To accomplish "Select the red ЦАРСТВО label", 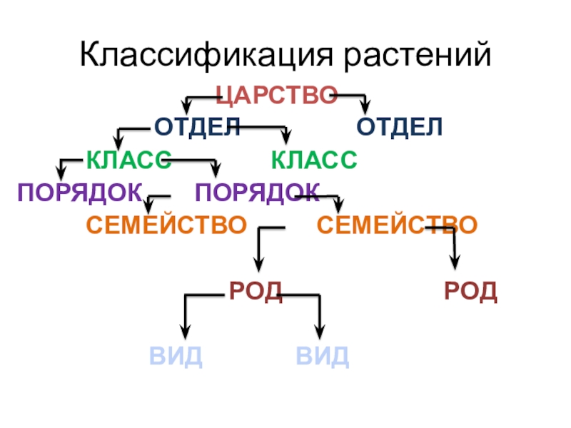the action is [276, 95].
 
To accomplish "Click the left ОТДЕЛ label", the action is [196, 128].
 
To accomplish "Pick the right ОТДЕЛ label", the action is [400, 128].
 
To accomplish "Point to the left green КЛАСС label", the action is [128, 160].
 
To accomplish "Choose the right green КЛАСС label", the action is [314, 160].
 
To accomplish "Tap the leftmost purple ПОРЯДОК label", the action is [79, 192].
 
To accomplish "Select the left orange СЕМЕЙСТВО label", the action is [166, 225].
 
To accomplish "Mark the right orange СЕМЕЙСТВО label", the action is [397, 225].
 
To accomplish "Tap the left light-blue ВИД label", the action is [176, 355].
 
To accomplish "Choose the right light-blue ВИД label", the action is [323, 355].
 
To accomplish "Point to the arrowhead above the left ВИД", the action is [186, 332].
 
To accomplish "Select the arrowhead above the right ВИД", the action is [319, 332].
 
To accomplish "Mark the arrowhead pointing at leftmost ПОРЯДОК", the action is [62, 173].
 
